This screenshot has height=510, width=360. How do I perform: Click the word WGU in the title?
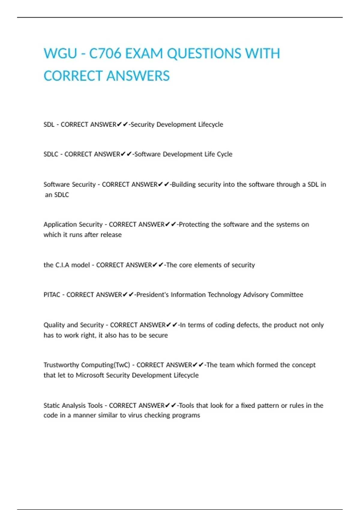click(x=60, y=54)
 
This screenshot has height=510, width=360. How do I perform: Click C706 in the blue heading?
click(x=105, y=54)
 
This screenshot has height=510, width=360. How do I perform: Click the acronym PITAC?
click(x=52, y=295)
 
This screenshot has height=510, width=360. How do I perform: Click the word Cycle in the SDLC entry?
click(x=224, y=154)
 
